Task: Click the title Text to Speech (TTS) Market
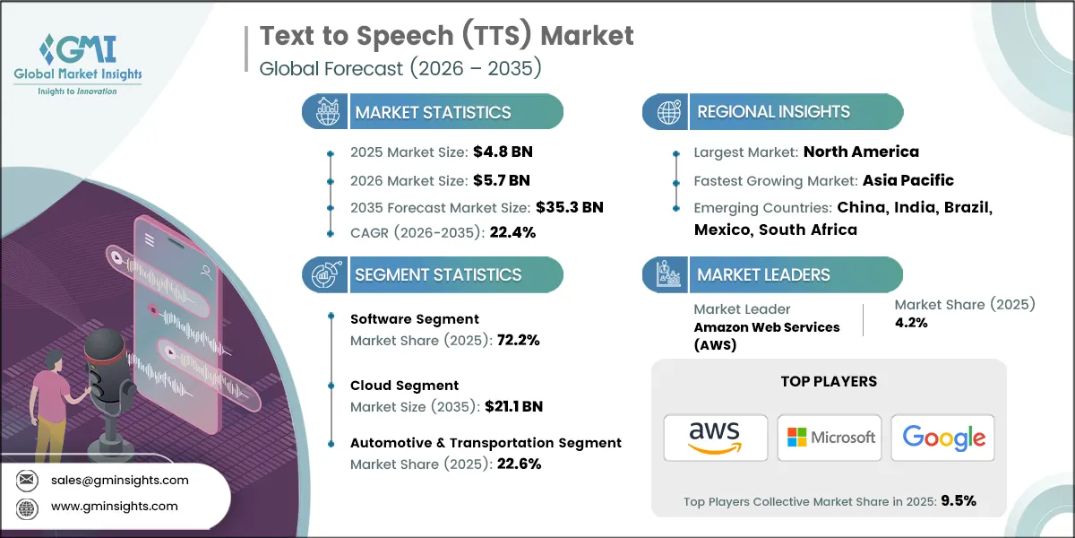[x=446, y=36]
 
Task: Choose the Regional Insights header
[x=773, y=112]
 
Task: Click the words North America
[x=861, y=152]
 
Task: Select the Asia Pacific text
[x=907, y=180]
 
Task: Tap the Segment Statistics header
[x=437, y=274]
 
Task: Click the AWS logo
[x=715, y=438]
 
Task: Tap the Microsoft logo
[x=830, y=438]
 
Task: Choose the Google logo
[x=942, y=438]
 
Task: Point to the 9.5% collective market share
[x=958, y=500]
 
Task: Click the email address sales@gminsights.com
[x=120, y=480]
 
